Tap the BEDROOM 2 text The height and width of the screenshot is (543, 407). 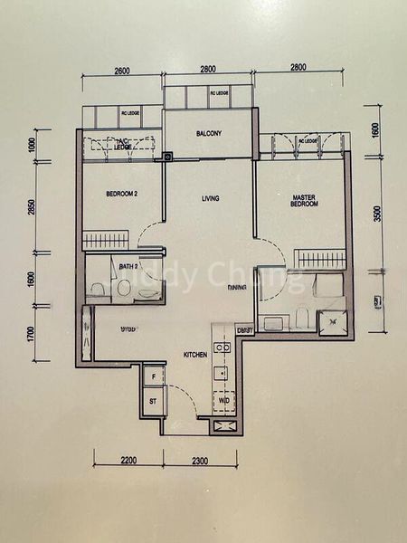(x=120, y=194)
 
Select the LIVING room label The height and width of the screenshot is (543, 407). (x=210, y=198)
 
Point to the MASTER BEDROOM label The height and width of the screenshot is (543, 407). (x=304, y=200)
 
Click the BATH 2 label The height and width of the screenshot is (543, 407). (x=128, y=267)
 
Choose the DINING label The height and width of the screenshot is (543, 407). (x=238, y=287)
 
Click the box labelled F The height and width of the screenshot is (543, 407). (x=154, y=375)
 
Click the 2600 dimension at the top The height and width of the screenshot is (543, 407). (x=123, y=69)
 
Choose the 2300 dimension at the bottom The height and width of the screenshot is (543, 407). (x=200, y=462)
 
